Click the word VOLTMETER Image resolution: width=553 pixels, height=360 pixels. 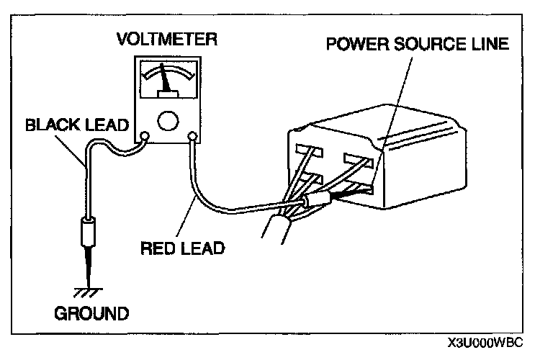click(x=166, y=40)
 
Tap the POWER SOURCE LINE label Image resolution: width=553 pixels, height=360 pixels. click(x=418, y=44)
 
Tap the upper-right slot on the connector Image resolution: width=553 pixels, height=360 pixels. click(x=358, y=158)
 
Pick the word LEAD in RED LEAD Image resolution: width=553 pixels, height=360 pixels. click(x=207, y=248)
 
